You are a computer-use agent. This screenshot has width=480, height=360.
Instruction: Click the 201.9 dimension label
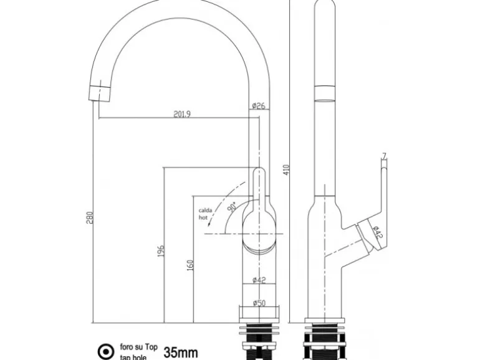[x=181, y=113]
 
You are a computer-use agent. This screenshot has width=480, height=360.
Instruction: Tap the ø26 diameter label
[x=259, y=107]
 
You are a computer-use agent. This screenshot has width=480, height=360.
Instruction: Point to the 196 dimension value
[x=160, y=251]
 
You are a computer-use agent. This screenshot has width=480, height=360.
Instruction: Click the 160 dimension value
[x=189, y=265]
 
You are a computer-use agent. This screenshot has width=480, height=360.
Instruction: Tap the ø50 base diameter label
[x=259, y=303]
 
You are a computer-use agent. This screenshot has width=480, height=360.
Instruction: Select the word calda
[x=206, y=211]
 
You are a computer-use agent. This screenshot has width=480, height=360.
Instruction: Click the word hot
[x=203, y=218]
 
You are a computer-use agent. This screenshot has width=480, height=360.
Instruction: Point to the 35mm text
[x=180, y=352]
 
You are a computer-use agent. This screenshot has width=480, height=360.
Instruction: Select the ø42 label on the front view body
[x=259, y=280]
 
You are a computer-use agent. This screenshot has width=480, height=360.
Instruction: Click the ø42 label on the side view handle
[x=377, y=233]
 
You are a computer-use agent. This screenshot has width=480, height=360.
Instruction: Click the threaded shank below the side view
[x=324, y=346]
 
